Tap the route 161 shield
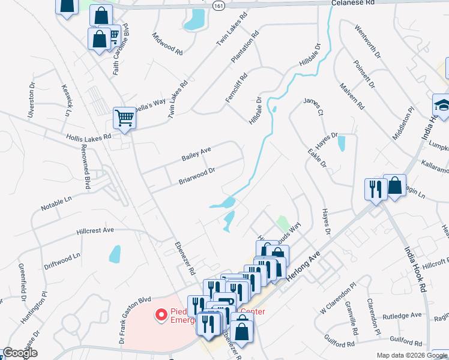(218, 5)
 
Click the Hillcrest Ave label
(95, 230)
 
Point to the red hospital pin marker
(161, 314)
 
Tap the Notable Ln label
(56, 202)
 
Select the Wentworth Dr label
(368, 41)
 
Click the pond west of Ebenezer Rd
(114, 254)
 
